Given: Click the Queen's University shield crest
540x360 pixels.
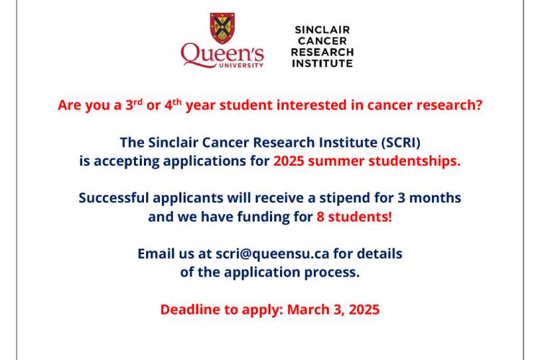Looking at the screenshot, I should pyautogui.click(x=222, y=28).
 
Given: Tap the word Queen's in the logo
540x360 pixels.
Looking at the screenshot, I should pyautogui.click(x=222, y=53).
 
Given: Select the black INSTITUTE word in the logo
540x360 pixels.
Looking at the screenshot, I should pyautogui.click(x=322, y=63).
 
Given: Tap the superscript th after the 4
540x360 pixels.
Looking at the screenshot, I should pyautogui.click(x=180, y=101).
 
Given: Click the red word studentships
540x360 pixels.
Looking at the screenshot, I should pyautogui.click(x=416, y=161).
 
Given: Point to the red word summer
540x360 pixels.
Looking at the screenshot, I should pyautogui.click(x=338, y=161).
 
